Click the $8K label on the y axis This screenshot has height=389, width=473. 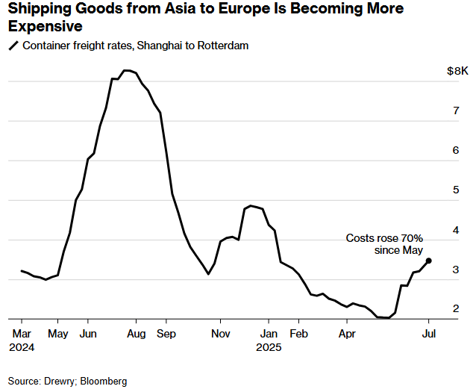(457, 71)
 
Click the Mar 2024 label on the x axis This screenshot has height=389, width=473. (21, 340)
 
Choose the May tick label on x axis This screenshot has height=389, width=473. (57, 334)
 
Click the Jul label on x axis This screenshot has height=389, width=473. (429, 334)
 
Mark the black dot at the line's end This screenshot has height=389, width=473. (428, 261)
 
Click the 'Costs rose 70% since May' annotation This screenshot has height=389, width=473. (384, 244)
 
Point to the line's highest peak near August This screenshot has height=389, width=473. (127, 70)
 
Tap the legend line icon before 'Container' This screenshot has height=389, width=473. (13, 46)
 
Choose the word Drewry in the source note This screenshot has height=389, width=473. (59, 381)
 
